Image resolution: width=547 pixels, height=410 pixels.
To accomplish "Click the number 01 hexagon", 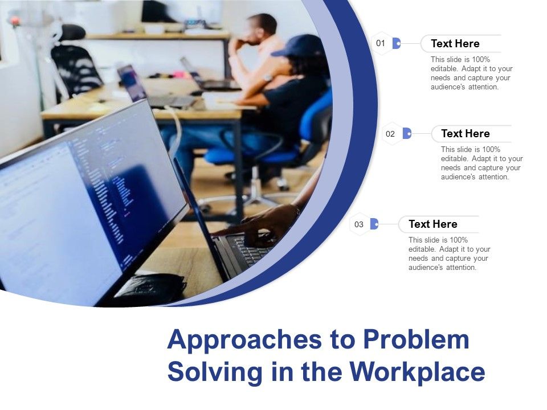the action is pyautogui.click(x=381, y=43).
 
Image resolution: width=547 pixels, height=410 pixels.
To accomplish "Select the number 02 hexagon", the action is pyautogui.click(x=390, y=134).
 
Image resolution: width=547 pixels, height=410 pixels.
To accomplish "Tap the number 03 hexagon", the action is pyautogui.click(x=359, y=224).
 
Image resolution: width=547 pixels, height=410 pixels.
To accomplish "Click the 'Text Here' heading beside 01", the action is pyautogui.click(x=455, y=44).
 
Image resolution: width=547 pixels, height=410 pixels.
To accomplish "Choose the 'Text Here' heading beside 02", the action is pyautogui.click(x=465, y=133).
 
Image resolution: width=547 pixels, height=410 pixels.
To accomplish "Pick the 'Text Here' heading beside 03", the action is pyautogui.click(x=432, y=224).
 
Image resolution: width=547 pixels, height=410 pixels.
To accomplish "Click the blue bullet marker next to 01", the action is pyautogui.click(x=397, y=43).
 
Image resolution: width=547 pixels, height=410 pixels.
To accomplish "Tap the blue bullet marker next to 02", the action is pyautogui.click(x=407, y=133).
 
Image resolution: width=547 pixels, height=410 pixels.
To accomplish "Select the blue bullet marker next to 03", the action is pyautogui.click(x=374, y=224).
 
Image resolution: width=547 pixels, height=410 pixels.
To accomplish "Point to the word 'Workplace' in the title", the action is pyautogui.click(x=417, y=372).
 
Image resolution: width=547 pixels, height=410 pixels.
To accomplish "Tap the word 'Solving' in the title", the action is pyautogui.click(x=215, y=372).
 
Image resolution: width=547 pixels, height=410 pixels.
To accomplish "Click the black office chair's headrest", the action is pyautogui.click(x=72, y=32).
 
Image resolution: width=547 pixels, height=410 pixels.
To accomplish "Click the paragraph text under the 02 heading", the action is pyautogui.click(x=482, y=163).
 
